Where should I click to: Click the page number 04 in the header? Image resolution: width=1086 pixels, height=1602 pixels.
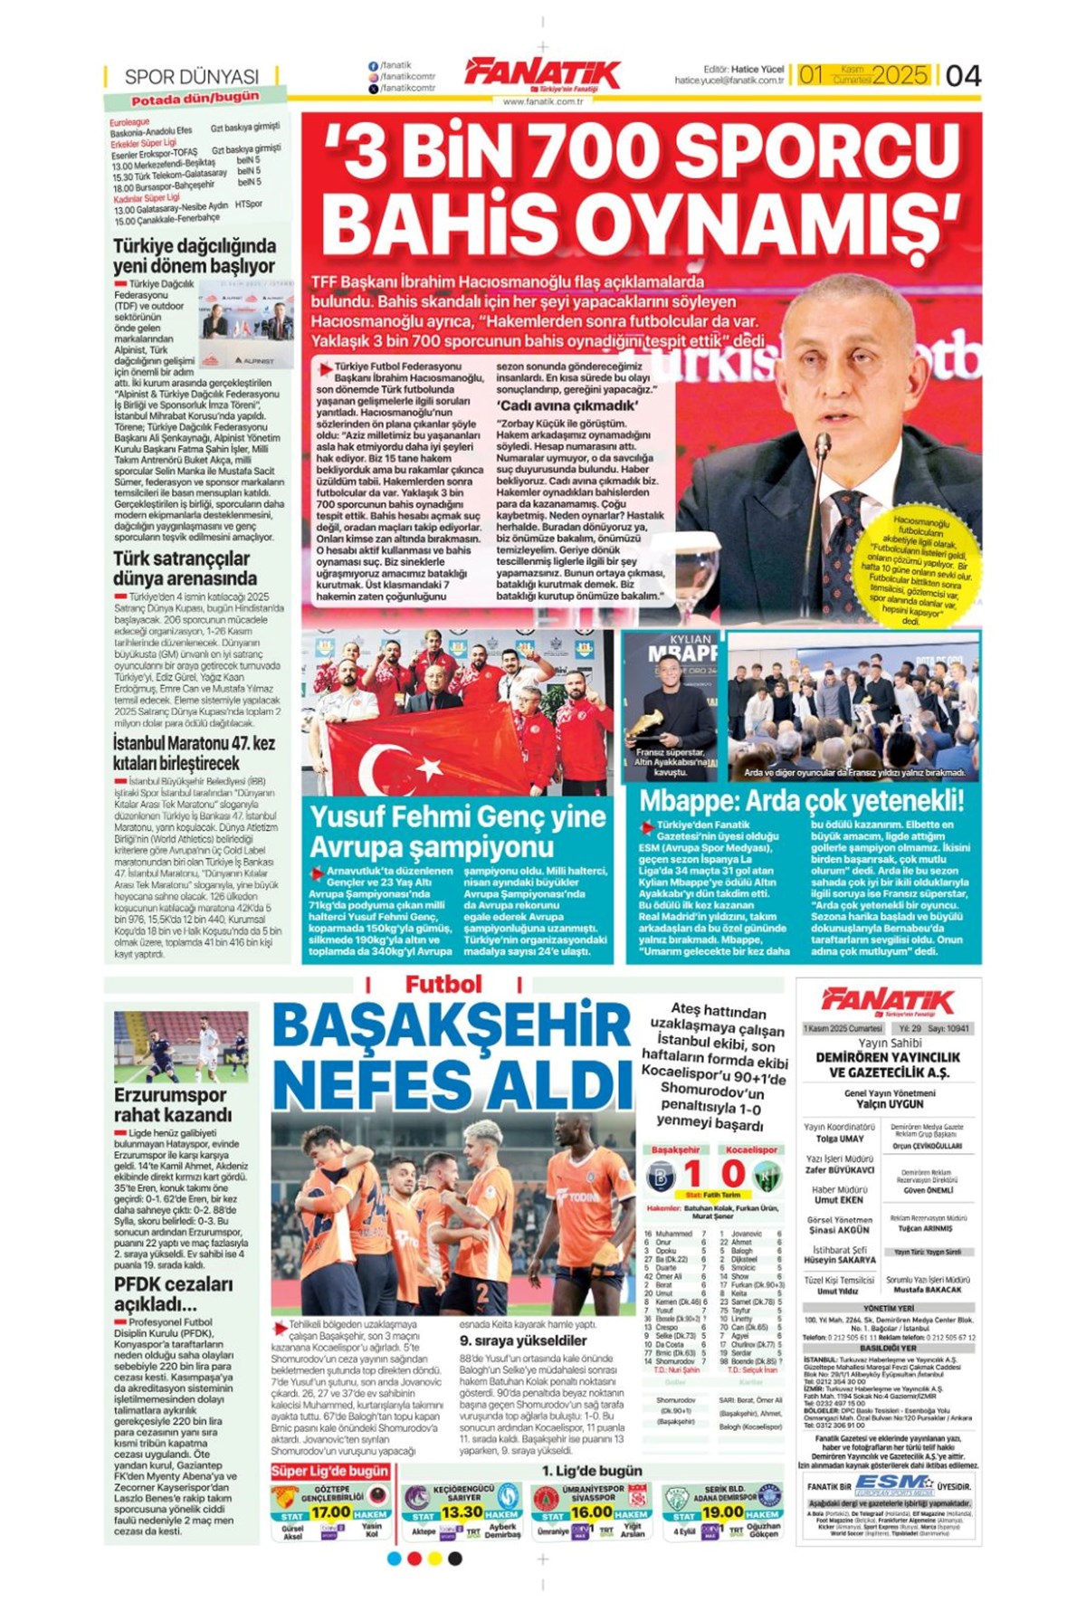click(x=962, y=75)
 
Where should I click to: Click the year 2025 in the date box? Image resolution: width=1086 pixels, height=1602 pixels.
click(x=900, y=75)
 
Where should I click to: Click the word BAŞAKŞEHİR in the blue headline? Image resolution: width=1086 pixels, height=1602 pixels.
click(x=452, y=1027)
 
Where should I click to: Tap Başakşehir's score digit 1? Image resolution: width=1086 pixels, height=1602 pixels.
click(x=692, y=1175)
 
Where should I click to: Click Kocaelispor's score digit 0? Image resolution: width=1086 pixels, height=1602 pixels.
click(x=733, y=1175)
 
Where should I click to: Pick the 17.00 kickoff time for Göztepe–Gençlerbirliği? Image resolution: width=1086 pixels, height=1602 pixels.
click(x=331, y=1512)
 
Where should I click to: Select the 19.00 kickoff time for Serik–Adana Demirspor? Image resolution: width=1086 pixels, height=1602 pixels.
click(x=722, y=1512)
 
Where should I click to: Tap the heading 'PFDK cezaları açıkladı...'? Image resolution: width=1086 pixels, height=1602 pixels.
click(x=161, y=1294)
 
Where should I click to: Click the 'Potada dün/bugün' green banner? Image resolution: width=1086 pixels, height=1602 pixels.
click(x=195, y=98)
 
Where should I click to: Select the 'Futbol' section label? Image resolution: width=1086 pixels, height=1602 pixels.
click(x=443, y=985)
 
